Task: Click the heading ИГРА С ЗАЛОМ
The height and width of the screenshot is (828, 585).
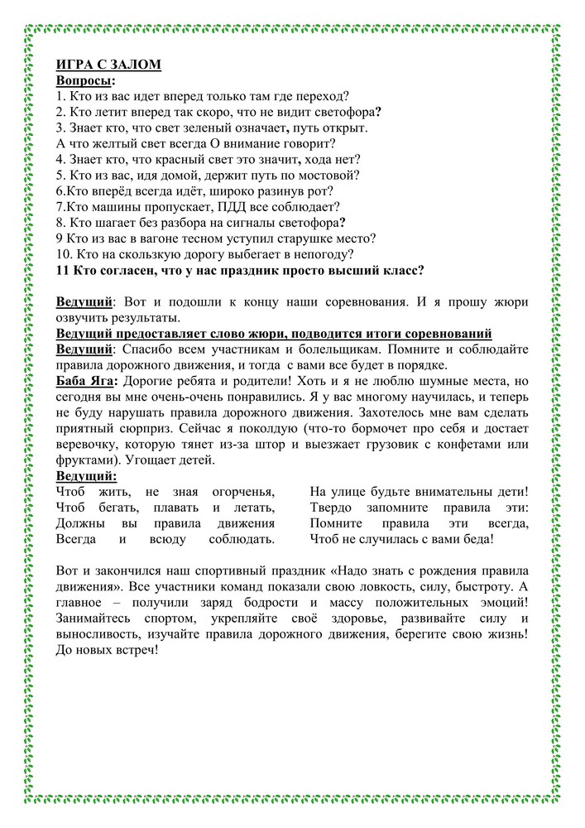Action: (108, 65)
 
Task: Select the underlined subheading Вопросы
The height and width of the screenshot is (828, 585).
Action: (84, 81)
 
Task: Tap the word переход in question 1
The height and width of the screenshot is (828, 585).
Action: (322, 97)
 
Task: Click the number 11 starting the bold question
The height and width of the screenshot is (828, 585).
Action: (63, 270)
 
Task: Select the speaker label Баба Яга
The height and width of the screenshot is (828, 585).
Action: (86, 381)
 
